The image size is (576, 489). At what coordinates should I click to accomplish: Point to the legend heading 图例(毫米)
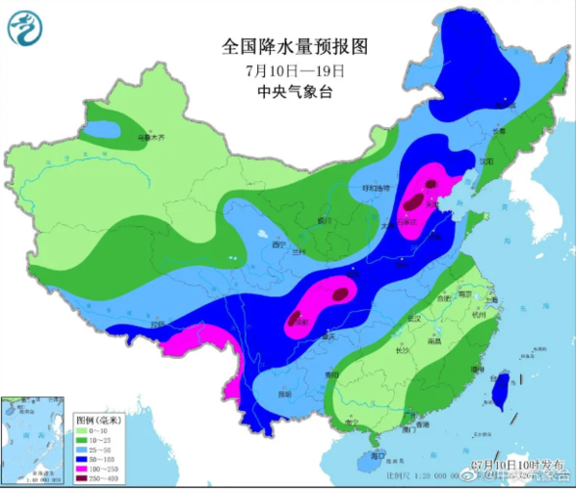click(x=99, y=420)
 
